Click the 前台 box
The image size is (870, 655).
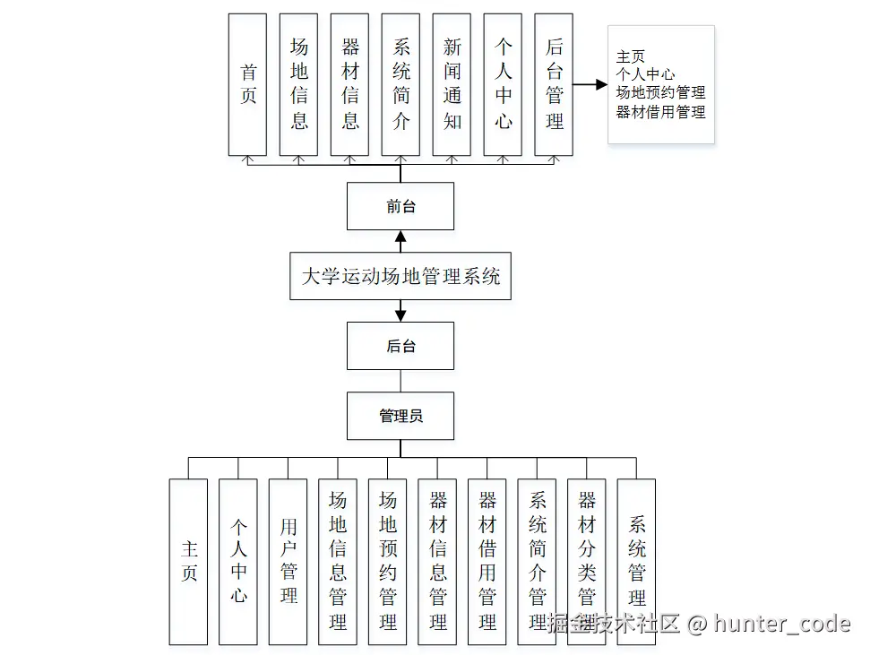(401, 206)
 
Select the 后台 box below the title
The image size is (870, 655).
(401, 346)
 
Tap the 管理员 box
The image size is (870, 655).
(401, 416)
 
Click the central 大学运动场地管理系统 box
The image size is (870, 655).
(401, 276)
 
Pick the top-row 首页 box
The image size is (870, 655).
(247, 85)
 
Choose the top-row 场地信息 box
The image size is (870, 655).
(298, 85)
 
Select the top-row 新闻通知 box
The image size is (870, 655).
(452, 85)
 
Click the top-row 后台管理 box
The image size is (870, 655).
(554, 85)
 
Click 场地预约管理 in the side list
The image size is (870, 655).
(660, 93)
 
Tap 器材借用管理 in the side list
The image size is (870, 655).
(660, 112)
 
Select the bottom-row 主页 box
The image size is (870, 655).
(188, 562)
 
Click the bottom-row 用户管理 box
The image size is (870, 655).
(289, 562)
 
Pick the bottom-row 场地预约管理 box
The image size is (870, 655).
(388, 562)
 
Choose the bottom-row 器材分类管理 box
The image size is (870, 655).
(587, 562)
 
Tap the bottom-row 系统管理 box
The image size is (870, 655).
(636, 562)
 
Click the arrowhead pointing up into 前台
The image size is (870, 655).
(401, 237)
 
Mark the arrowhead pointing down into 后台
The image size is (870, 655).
(401, 315)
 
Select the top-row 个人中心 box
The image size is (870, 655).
(503, 85)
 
